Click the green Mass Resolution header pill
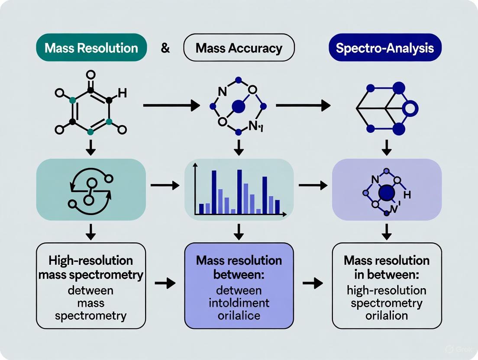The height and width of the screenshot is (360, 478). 91,48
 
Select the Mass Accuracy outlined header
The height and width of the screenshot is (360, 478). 239,48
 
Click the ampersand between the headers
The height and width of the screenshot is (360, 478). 165,48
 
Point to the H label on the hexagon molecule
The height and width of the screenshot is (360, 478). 122,93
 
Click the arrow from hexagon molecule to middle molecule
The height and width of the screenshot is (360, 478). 171,105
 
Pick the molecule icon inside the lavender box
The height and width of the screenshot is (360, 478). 385,193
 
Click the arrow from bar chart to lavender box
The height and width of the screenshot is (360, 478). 312,185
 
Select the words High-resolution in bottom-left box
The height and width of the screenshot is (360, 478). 90,261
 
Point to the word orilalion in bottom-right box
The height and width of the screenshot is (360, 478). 387,315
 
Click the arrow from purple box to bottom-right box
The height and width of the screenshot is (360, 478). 312,283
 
